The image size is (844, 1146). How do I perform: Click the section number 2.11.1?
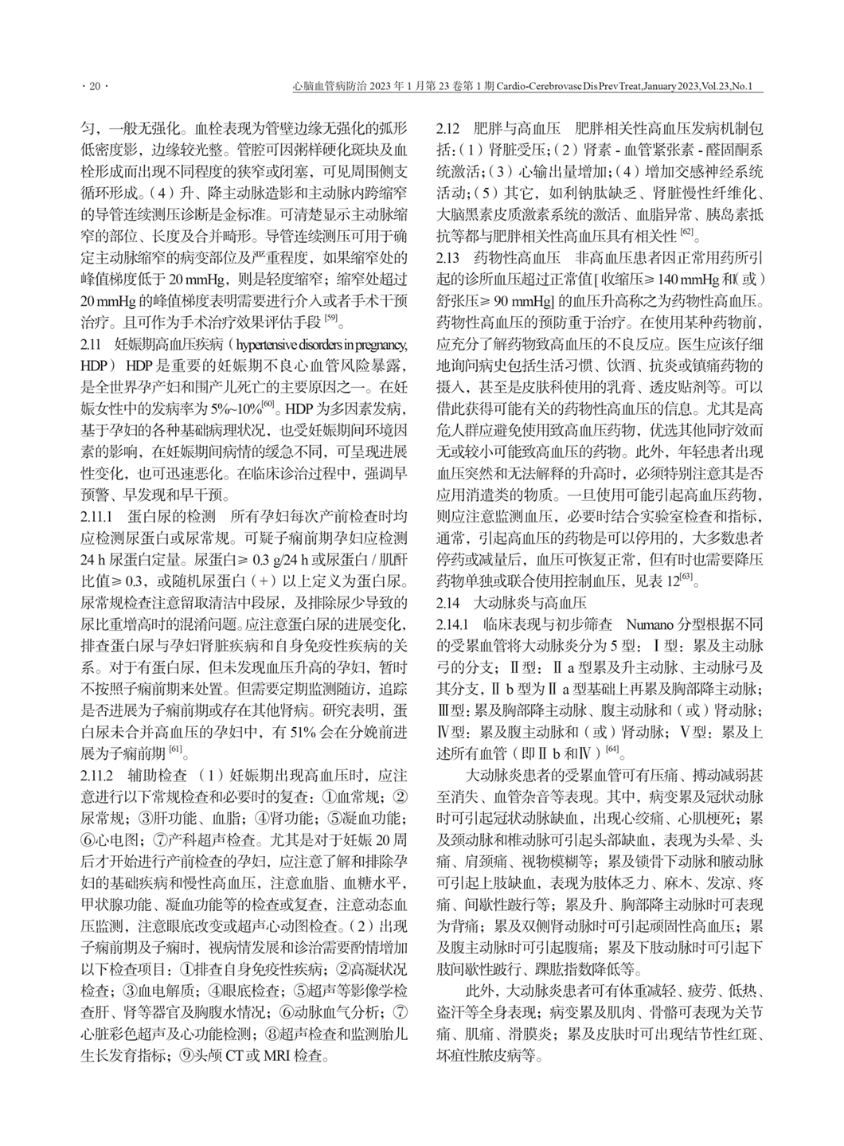96,514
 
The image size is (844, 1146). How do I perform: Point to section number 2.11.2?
97,775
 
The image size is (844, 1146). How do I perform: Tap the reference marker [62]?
686,233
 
